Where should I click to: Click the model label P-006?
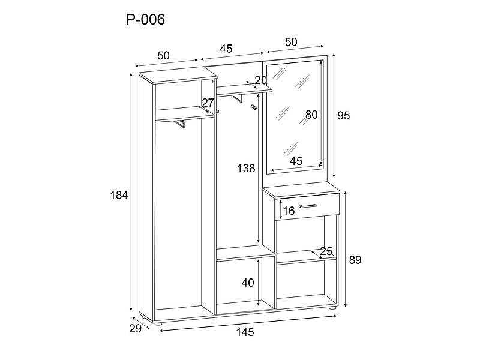pos(145,20)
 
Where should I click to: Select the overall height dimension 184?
pos(119,195)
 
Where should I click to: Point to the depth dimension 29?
pos(134,328)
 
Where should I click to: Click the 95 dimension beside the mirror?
pos(343,116)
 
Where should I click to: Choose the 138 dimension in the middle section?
pos(246,169)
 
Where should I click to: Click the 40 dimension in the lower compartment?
pos(248,283)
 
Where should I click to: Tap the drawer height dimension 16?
pos(289,211)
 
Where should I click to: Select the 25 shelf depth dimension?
pos(326,251)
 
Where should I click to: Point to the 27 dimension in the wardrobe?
pos(208,103)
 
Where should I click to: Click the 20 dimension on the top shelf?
pos(260,80)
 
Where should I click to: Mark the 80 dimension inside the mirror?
pos(311,115)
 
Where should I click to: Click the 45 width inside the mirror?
pos(296,161)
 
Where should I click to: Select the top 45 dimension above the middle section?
pos(226,49)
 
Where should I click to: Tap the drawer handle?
pos(308,206)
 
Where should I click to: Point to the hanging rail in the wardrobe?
pos(179,123)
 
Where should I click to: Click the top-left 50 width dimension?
pos(163,55)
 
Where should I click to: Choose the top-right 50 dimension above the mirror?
pos(291,41)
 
